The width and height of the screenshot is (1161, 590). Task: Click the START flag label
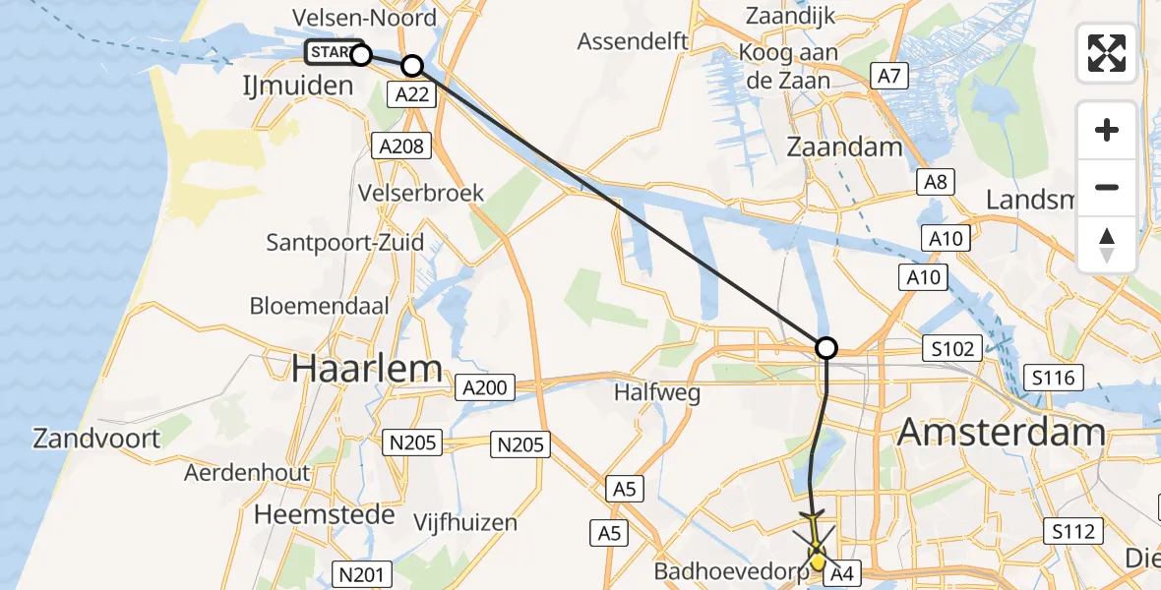[x=331, y=52]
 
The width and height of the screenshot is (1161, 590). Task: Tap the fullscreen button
[x=1107, y=53]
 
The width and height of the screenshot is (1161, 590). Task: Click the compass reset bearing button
[x=1107, y=245]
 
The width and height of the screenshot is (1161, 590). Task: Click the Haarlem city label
[x=366, y=369]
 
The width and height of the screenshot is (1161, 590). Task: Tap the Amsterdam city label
[x=1002, y=433]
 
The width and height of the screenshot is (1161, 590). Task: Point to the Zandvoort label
[x=96, y=438]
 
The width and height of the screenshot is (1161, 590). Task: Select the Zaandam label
[x=844, y=147]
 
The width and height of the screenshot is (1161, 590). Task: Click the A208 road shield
[x=401, y=147]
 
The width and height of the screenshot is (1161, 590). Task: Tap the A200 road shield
[x=485, y=387]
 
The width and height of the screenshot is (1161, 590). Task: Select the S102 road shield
[x=952, y=348]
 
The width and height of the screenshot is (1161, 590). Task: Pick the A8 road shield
[x=932, y=181]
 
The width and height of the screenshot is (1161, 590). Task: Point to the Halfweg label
[x=656, y=392]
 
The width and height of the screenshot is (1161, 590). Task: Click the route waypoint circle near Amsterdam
[x=826, y=347]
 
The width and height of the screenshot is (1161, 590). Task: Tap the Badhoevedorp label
[x=731, y=570]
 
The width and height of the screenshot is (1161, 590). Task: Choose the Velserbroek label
[x=422, y=192]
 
